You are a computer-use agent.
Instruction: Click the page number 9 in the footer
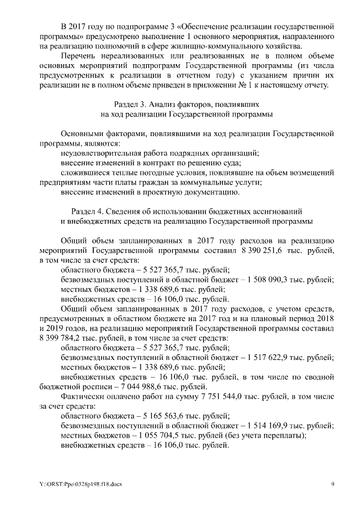332,483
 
